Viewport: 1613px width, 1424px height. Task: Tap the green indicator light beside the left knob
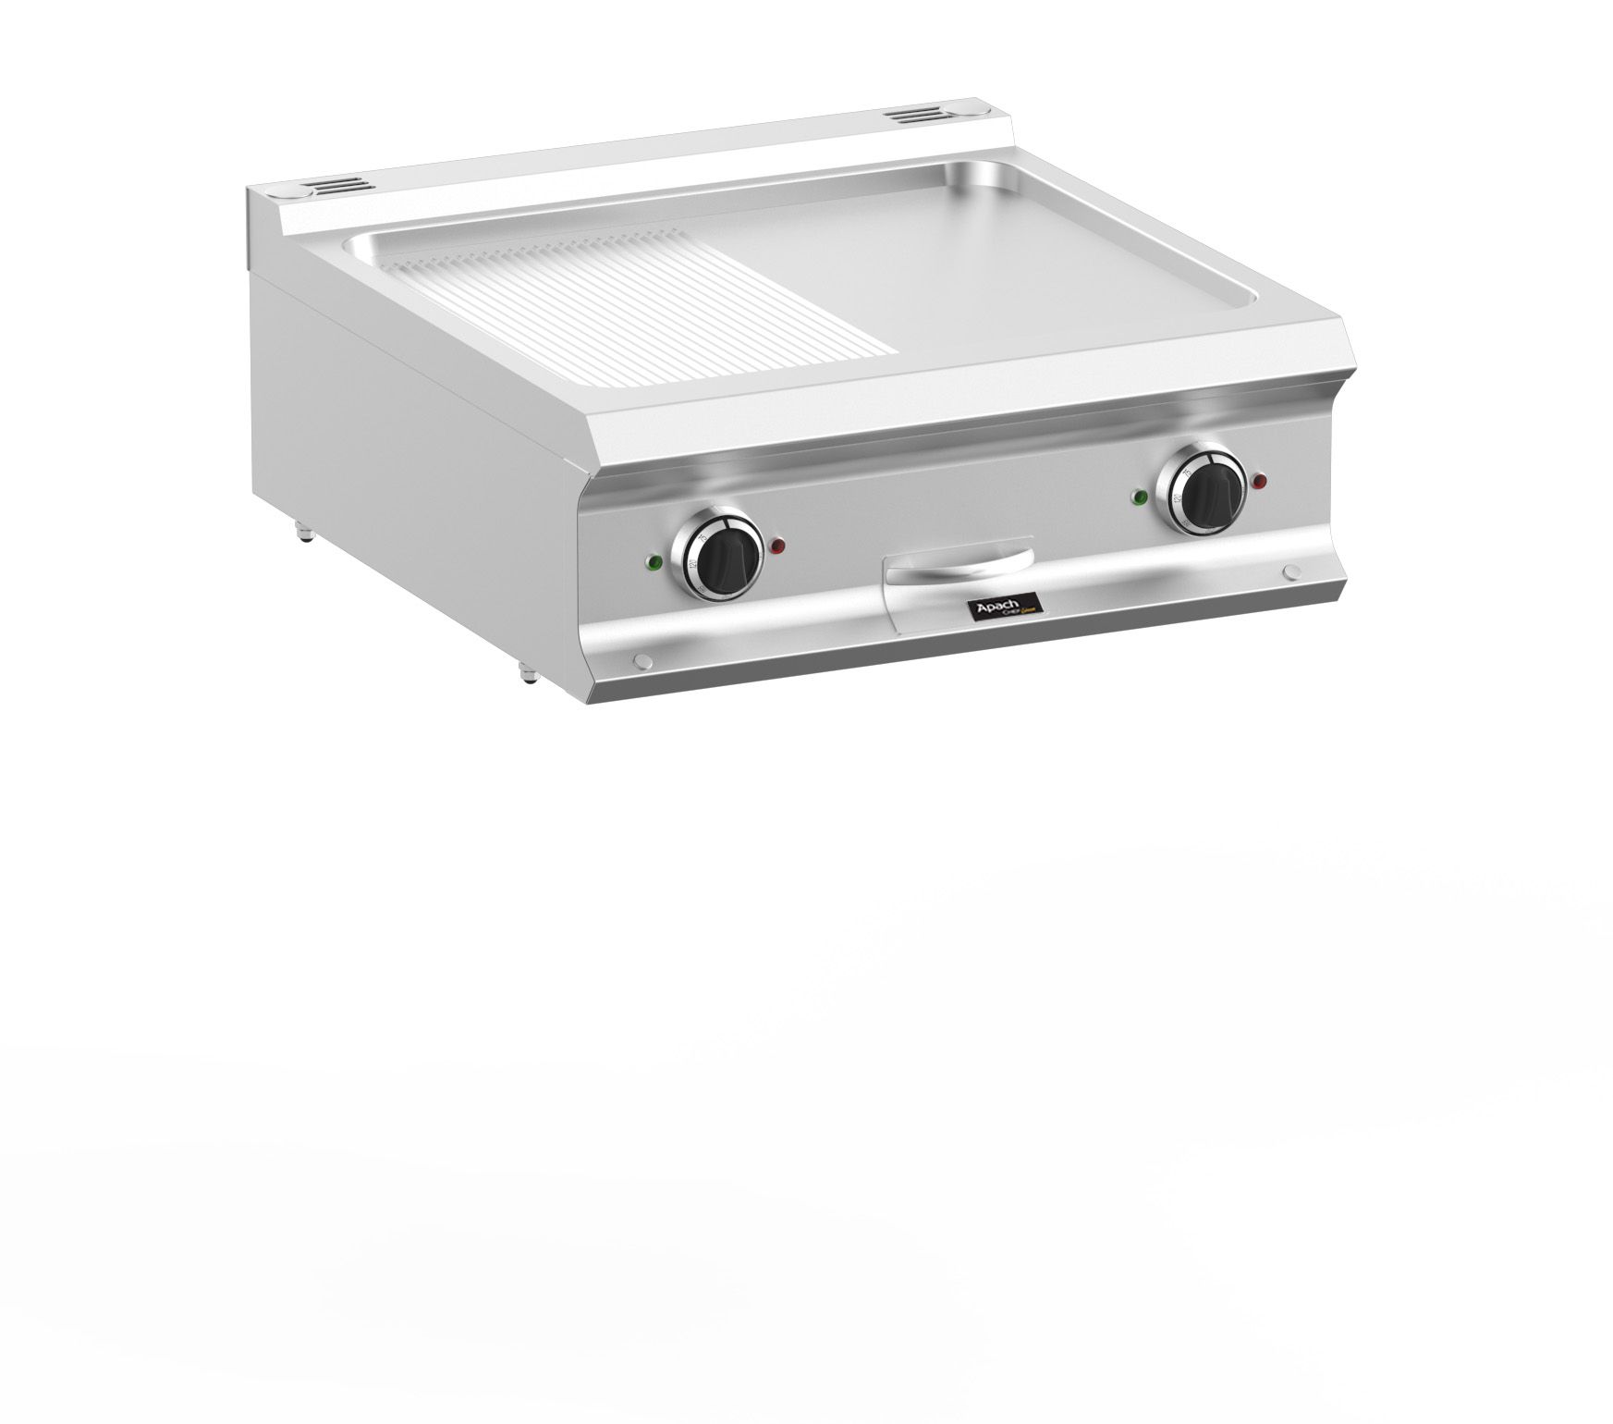coord(655,561)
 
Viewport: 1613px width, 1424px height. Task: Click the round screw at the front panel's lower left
coord(640,660)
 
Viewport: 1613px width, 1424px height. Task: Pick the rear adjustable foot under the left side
coord(302,534)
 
